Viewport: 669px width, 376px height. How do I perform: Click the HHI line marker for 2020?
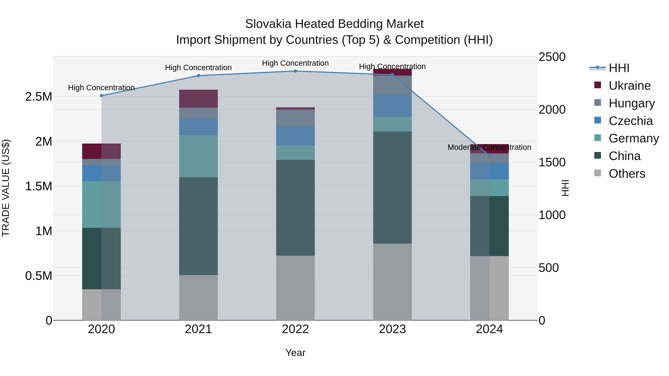click(101, 96)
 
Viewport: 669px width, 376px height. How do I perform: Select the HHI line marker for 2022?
click(295, 71)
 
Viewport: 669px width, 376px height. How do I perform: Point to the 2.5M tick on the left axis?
click(39, 97)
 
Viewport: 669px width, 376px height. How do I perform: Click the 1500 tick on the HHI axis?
click(552, 162)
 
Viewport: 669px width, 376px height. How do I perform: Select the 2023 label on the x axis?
click(392, 329)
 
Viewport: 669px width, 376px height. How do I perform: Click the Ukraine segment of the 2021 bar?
click(198, 99)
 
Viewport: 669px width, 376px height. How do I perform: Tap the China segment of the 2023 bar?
click(392, 187)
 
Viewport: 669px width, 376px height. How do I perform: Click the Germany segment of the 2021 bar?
click(198, 156)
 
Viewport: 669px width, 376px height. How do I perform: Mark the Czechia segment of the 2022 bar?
click(295, 136)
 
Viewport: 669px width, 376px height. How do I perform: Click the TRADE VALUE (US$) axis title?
click(6, 188)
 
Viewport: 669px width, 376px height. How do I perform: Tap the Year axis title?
click(295, 353)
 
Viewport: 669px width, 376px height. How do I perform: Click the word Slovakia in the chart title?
click(269, 24)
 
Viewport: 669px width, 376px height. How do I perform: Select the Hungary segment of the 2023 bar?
click(392, 85)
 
